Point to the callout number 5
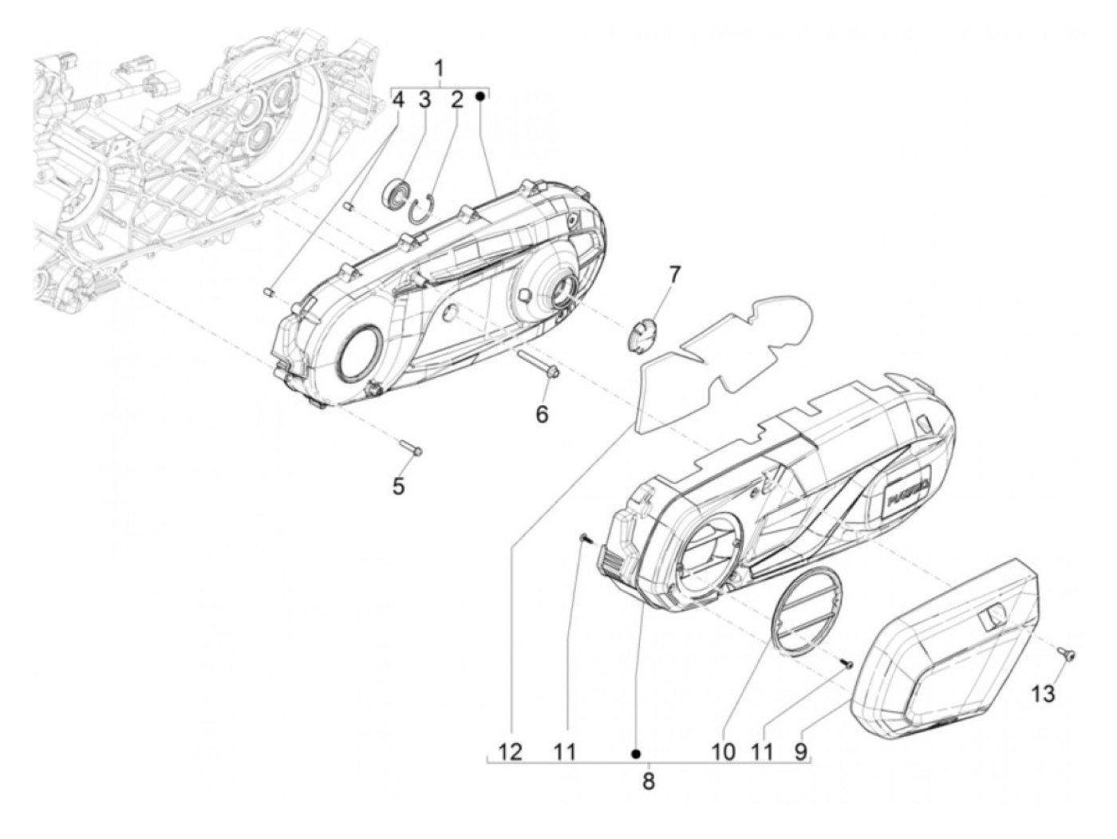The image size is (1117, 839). click(397, 484)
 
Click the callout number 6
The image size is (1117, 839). click(542, 414)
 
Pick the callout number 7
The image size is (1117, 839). click(674, 275)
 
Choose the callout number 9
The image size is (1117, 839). click(800, 751)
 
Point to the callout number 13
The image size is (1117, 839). click(1042, 693)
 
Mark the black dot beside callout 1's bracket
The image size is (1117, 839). click(480, 96)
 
